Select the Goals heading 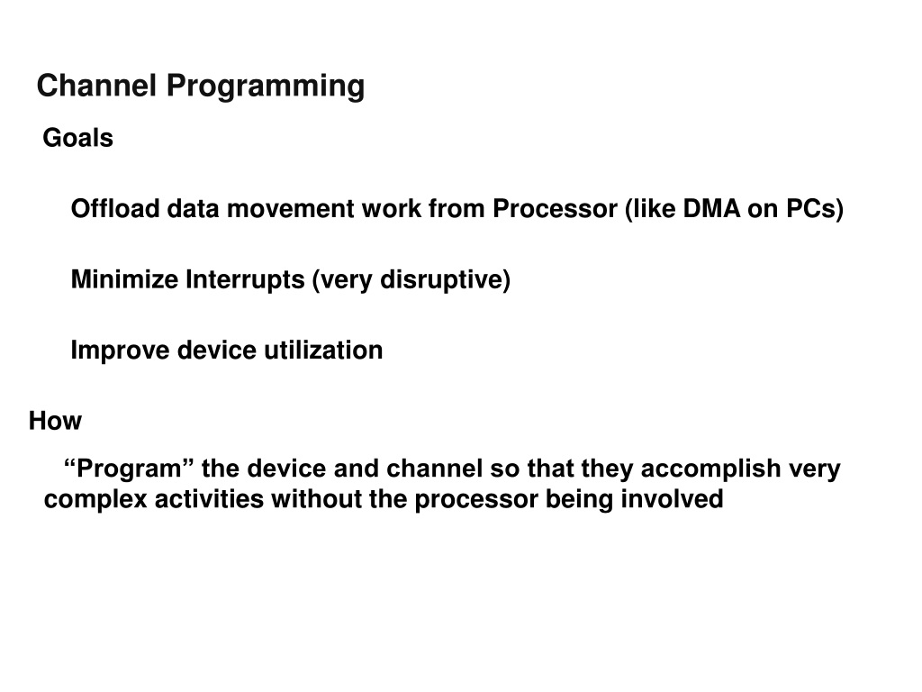[x=77, y=138]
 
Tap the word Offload [x=115, y=208]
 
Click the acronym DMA [x=711, y=208]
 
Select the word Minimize [x=124, y=279]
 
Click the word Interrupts [x=245, y=280]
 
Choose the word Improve [x=120, y=351]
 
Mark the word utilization [x=323, y=351]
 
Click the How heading [x=55, y=420]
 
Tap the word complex [x=95, y=500]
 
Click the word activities [x=209, y=499]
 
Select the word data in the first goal [x=193, y=208]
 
